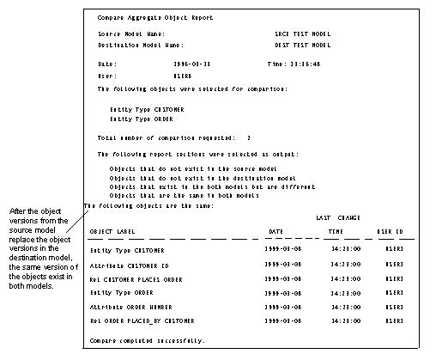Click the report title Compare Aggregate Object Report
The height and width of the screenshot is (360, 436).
tap(155, 17)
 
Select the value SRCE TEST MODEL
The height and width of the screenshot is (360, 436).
tap(296, 34)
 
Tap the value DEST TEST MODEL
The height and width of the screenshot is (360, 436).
tap(296, 45)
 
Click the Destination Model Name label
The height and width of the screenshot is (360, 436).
tap(141, 45)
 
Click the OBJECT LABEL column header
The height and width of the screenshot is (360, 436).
tap(113, 231)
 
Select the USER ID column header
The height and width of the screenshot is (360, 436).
tap(390, 231)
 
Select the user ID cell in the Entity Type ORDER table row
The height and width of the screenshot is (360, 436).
tap(389, 293)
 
